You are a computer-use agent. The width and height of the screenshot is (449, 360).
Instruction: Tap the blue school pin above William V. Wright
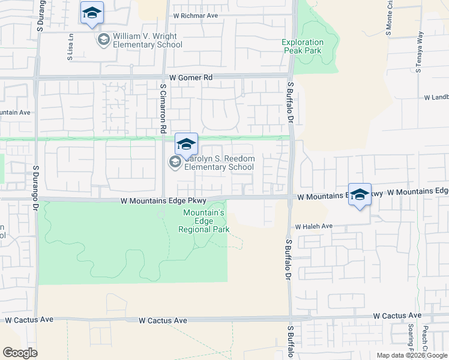coord(92,13)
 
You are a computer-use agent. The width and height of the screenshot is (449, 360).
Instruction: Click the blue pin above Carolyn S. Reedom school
coord(186,144)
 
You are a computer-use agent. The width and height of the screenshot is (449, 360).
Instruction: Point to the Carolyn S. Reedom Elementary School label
coord(219,163)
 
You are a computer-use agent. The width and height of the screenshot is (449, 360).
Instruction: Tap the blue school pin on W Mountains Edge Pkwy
coord(360,195)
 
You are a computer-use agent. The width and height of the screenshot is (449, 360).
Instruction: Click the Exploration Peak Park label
coord(303,46)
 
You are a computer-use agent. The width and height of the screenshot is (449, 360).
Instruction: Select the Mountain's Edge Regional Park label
coord(204,221)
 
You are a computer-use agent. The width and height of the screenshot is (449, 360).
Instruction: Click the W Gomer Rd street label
coord(191,77)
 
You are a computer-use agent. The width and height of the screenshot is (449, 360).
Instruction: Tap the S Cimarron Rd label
coord(163,109)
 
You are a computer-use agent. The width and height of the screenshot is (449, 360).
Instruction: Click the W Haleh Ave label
coord(313,226)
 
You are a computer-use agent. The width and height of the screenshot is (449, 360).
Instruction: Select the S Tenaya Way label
coord(418,52)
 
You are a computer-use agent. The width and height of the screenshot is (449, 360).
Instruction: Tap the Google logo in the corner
coord(20,352)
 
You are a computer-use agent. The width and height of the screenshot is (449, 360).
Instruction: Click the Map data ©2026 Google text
coord(411,355)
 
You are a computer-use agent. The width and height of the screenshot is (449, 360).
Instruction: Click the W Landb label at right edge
coord(436,97)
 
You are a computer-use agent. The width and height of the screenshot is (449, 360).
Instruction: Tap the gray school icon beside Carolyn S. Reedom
coord(175,161)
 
